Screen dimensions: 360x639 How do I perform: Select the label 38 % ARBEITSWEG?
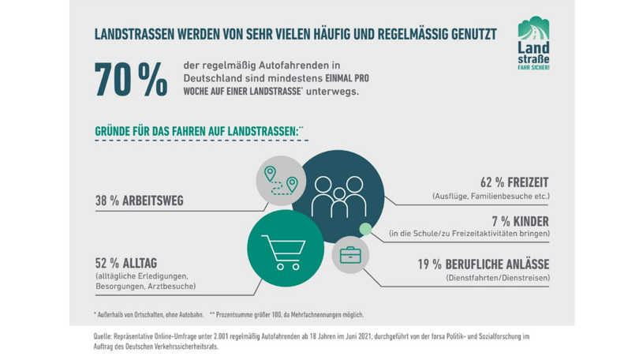(139, 201)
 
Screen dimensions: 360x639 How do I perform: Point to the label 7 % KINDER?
(520, 221)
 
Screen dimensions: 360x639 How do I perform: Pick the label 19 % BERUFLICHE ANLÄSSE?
(483, 264)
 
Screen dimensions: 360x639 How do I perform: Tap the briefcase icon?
(350, 255)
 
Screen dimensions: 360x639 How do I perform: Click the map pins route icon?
(281, 181)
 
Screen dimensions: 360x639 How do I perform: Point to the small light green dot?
(364, 230)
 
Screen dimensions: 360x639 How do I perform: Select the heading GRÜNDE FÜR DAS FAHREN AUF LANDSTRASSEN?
(196, 129)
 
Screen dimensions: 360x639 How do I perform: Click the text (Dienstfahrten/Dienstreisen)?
(497, 278)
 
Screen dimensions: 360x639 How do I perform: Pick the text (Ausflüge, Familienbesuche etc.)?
(491, 196)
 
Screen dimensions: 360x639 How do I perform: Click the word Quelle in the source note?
(103, 337)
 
